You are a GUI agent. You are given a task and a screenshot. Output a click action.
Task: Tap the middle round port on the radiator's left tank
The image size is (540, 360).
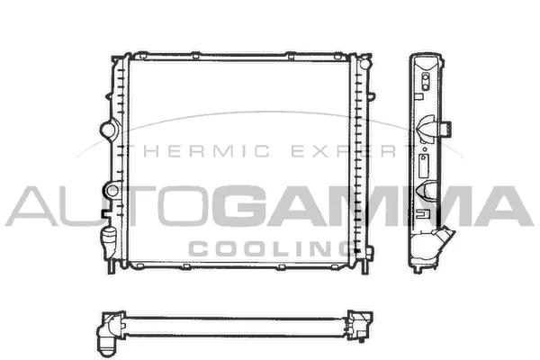[112, 190]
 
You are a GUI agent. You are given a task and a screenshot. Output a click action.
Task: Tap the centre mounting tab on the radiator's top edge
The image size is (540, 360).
[236, 57]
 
